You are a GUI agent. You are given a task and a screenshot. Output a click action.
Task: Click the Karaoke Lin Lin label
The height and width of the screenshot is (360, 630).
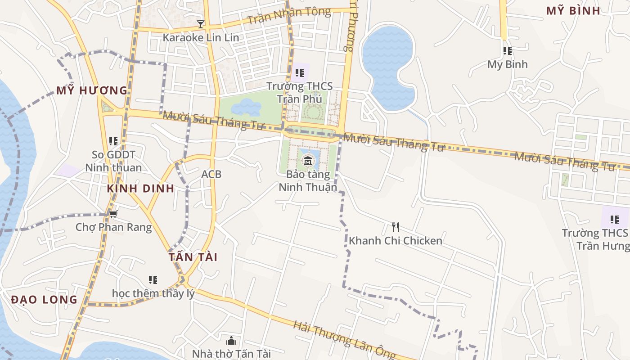click(x=201, y=37)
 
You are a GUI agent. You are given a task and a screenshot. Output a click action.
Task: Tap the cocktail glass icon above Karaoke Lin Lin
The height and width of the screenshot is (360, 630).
click(x=201, y=24)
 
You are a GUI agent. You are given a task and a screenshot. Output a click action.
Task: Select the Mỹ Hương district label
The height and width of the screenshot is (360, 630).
click(x=92, y=90)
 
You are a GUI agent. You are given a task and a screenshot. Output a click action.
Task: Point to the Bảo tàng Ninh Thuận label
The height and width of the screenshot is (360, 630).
click(x=308, y=180)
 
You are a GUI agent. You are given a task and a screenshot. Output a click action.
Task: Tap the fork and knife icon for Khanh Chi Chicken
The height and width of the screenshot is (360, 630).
click(x=395, y=227)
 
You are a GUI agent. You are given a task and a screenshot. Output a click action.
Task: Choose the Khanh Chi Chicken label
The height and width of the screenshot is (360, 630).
click(x=395, y=241)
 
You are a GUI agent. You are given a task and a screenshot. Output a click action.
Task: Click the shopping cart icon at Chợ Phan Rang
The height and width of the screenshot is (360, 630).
click(x=113, y=213)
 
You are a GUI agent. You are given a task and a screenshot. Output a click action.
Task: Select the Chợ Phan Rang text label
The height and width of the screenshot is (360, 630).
click(x=113, y=227)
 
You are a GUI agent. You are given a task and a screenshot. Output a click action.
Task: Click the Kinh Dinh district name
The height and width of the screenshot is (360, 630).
click(x=140, y=189)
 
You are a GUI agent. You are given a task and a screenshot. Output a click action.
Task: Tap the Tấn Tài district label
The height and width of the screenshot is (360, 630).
click(x=193, y=257)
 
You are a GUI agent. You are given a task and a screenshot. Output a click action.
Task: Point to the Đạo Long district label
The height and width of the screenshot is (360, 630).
click(x=44, y=300)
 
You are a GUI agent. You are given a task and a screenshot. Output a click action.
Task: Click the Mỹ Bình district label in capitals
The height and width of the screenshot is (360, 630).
click(x=573, y=11)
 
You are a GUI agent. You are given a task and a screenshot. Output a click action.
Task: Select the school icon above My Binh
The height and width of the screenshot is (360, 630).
click(x=507, y=51)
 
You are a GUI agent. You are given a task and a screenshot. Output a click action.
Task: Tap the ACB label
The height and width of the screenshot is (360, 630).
click(x=211, y=174)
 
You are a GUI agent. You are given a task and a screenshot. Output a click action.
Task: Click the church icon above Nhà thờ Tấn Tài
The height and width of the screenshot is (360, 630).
click(x=231, y=341)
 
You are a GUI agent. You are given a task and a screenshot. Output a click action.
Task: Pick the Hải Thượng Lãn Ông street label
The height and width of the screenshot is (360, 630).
click(x=344, y=341)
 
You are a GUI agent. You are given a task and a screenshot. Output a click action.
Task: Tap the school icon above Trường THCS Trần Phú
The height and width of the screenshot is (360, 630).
click(x=299, y=72)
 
